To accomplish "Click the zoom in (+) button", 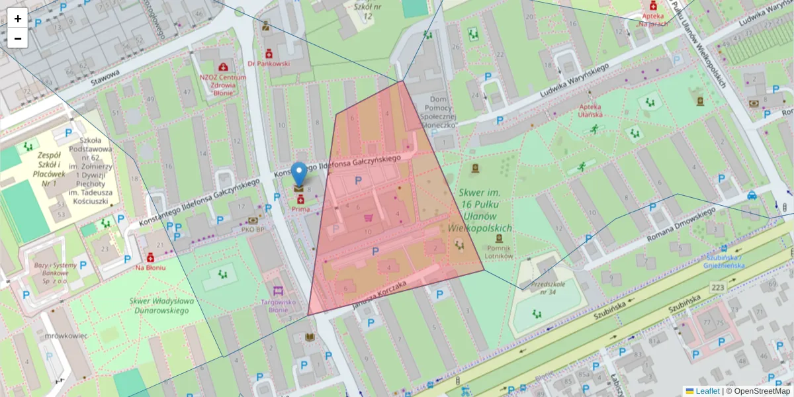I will (18, 19).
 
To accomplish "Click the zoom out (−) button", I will (18, 38).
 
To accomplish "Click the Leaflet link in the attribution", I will (707, 391).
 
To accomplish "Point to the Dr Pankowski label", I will (269, 64).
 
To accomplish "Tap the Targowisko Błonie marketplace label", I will (278, 306).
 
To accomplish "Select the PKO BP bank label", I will (253, 230).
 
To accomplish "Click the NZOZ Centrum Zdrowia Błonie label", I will (223, 80).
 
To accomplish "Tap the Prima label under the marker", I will (300, 209).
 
